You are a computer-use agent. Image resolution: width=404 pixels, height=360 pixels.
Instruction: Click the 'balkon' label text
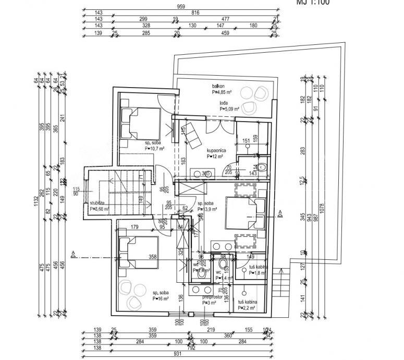point(218,86)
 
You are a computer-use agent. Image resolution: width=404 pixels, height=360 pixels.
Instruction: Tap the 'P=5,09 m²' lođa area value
point(229,109)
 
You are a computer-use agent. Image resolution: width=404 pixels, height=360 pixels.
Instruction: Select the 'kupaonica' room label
point(216,149)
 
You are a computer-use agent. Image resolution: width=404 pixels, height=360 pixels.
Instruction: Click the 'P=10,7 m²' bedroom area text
point(155,148)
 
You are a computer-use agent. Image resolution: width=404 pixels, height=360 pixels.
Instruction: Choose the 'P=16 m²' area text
point(162,299)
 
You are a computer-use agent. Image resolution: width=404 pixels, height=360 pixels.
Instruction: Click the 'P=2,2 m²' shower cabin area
point(247,308)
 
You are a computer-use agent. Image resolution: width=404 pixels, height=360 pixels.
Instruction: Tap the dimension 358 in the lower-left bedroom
point(153,256)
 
